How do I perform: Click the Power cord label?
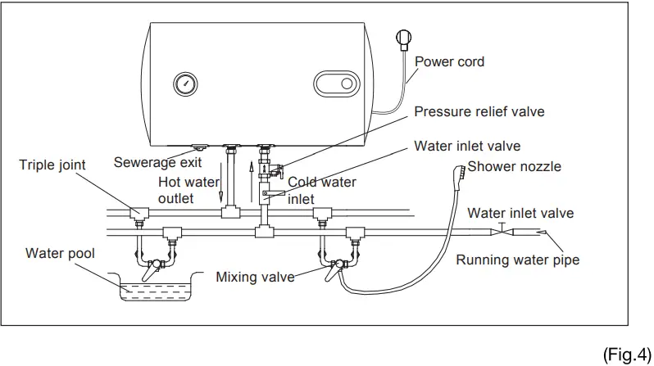pyautogui.click(x=449, y=61)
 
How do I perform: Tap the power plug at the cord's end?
pyautogui.click(x=402, y=38)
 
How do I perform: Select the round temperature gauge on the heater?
pyautogui.click(x=184, y=84)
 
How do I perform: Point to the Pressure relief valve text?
pyautogui.click(x=479, y=111)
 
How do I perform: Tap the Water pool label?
pyautogui.click(x=60, y=254)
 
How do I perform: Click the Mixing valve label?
pyautogui.click(x=255, y=277)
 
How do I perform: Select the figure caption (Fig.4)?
pyautogui.click(x=627, y=353)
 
